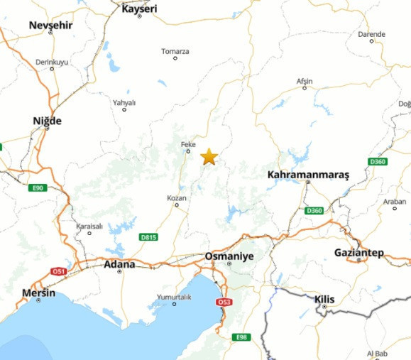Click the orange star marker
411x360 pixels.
[209, 157]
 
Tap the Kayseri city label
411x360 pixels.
[139, 9]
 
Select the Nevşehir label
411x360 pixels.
[51, 26]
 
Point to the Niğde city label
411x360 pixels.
[48, 121]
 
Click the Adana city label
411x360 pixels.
[119, 264]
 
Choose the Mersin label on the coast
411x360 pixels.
[38, 292]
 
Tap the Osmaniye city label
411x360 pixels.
[229, 256]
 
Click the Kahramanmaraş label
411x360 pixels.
[309, 174]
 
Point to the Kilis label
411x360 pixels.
[325, 299]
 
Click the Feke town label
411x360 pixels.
[188, 144]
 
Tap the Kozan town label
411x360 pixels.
[176, 197]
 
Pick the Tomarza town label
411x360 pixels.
[175, 51]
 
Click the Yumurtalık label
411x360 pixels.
[174, 297]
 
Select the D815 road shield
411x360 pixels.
[149, 236]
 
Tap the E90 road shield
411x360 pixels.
[38, 188]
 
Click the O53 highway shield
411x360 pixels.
[224, 302]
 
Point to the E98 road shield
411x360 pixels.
[242, 337]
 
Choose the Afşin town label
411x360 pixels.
[304, 81]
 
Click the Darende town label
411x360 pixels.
[371, 33]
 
